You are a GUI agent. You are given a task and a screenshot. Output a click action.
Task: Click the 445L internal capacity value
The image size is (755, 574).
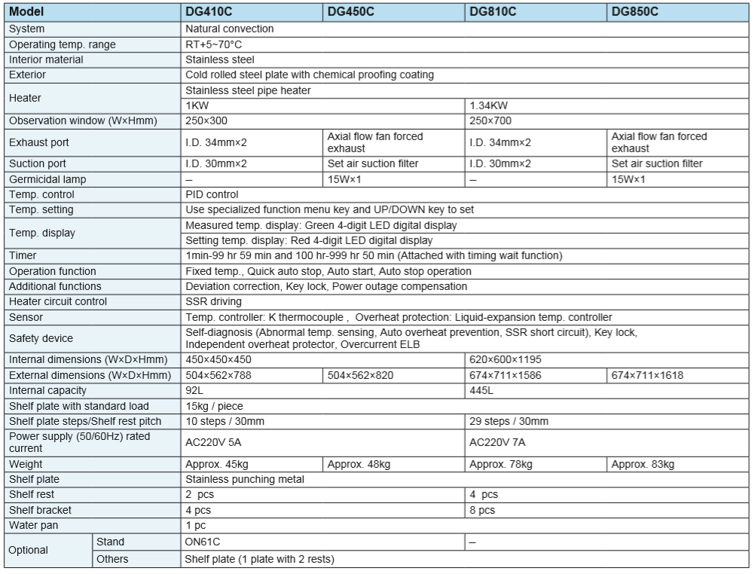click(481, 390)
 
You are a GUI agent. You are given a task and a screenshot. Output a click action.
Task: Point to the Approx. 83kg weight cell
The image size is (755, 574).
click(643, 463)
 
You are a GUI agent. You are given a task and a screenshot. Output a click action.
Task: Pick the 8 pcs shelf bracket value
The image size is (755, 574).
click(483, 509)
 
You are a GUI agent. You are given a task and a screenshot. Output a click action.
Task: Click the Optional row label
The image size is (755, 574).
click(29, 550)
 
